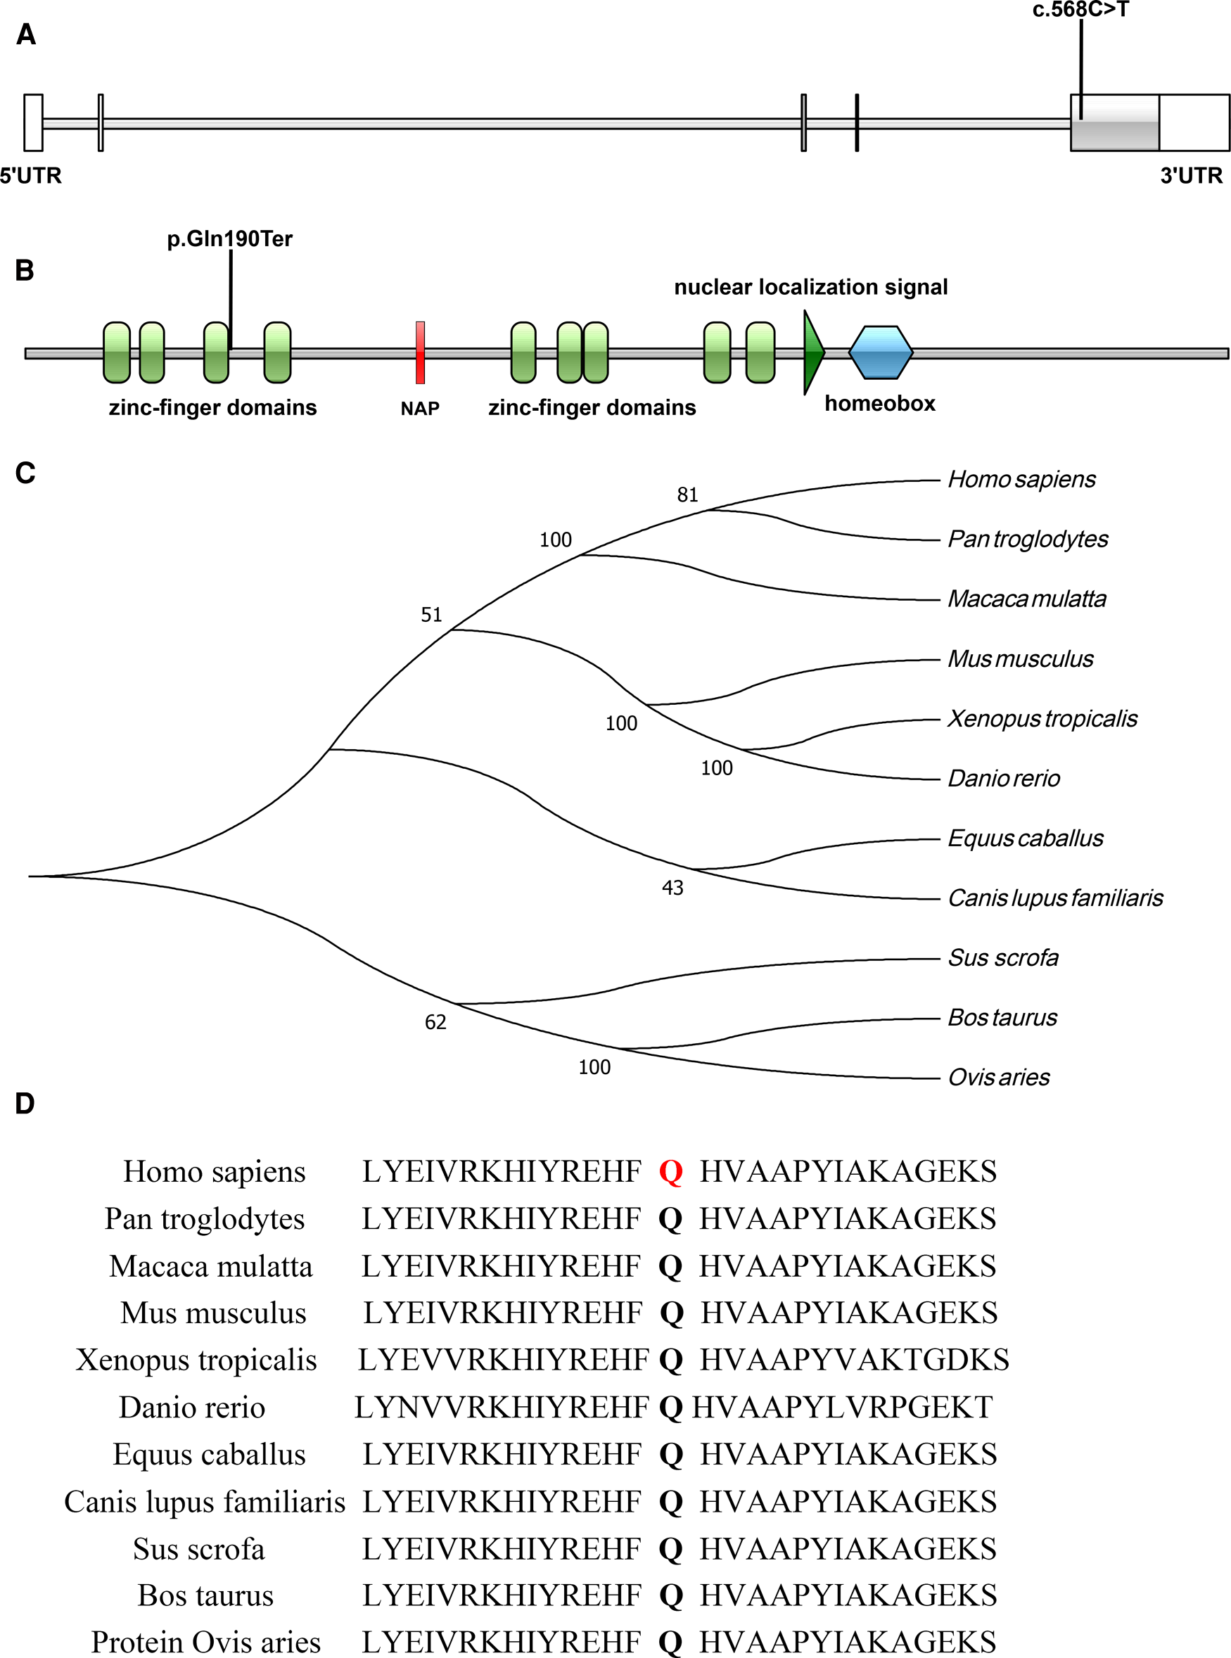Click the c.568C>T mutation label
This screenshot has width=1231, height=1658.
[1080, 10]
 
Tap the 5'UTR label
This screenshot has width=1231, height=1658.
[30, 176]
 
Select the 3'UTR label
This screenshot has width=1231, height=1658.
[1191, 176]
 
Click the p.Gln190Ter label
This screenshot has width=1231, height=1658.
[229, 239]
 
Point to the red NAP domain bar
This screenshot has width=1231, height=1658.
[420, 352]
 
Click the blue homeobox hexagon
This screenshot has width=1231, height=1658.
[881, 352]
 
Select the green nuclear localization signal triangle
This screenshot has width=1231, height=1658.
[813, 352]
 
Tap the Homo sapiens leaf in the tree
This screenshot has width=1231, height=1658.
[1021, 479]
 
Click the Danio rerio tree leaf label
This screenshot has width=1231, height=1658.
[1003, 779]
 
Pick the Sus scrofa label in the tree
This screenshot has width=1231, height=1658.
[1002, 957]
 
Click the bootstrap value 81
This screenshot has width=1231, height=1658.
[687, 495]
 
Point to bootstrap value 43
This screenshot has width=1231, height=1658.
[672, 888]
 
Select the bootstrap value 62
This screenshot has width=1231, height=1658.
[435, 1022]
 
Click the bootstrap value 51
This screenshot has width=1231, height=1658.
[431, 615]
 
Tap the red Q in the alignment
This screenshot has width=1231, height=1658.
[670, 1172]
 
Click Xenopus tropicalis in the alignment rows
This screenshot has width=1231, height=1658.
[196, 1360]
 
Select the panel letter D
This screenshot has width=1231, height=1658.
[25, 1104]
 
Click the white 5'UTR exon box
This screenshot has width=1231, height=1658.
[33, 122]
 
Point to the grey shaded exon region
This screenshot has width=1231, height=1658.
[1115, 122]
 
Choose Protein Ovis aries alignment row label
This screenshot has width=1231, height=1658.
[205, 1643]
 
